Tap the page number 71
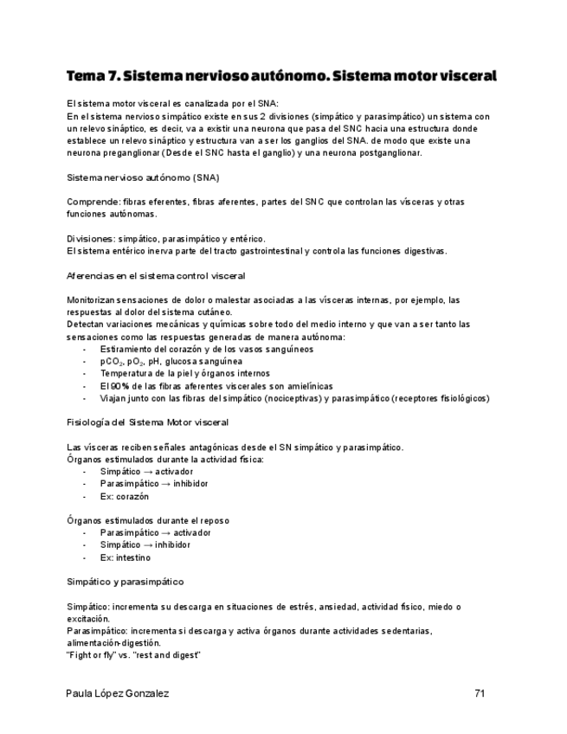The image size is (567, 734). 480,693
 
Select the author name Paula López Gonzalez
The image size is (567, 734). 118,693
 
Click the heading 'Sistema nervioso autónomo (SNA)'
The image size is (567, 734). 143,177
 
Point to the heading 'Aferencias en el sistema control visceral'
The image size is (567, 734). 156,275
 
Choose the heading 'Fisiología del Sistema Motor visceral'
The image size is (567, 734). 147,422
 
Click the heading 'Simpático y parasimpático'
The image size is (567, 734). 125,582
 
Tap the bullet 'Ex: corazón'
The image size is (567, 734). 125,497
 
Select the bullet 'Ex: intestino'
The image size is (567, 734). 126,557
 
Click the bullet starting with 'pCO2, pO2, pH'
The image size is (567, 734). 171,361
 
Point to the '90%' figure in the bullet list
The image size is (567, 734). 120,386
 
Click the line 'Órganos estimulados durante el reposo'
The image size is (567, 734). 148,520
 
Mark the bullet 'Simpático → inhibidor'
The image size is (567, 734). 145,545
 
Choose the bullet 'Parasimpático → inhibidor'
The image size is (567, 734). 154,484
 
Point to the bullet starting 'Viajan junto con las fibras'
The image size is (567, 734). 294,398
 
